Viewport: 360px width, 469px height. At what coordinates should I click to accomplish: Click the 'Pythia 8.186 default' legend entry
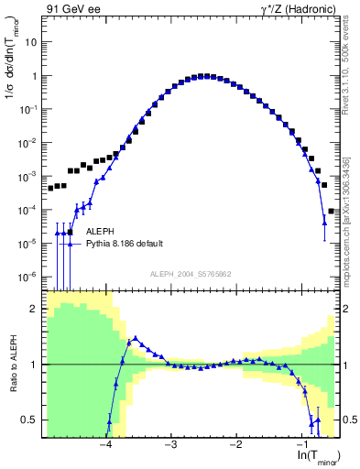click(125, 244)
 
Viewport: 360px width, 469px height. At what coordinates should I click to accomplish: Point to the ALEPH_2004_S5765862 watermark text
click(190, 274)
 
